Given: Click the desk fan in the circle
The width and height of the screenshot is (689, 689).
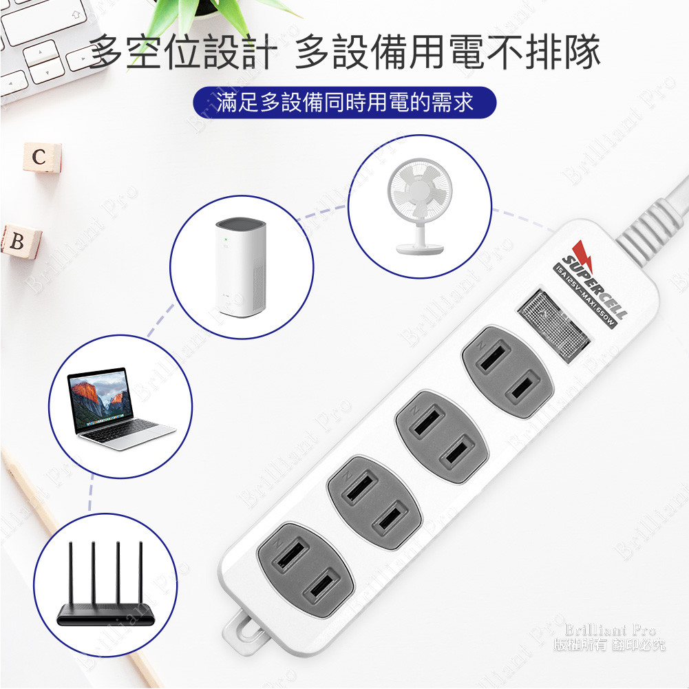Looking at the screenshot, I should coord(420,206).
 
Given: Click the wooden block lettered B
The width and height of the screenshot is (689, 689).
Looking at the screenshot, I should coord(19,242).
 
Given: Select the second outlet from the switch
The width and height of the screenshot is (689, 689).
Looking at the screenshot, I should coord(441,436).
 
